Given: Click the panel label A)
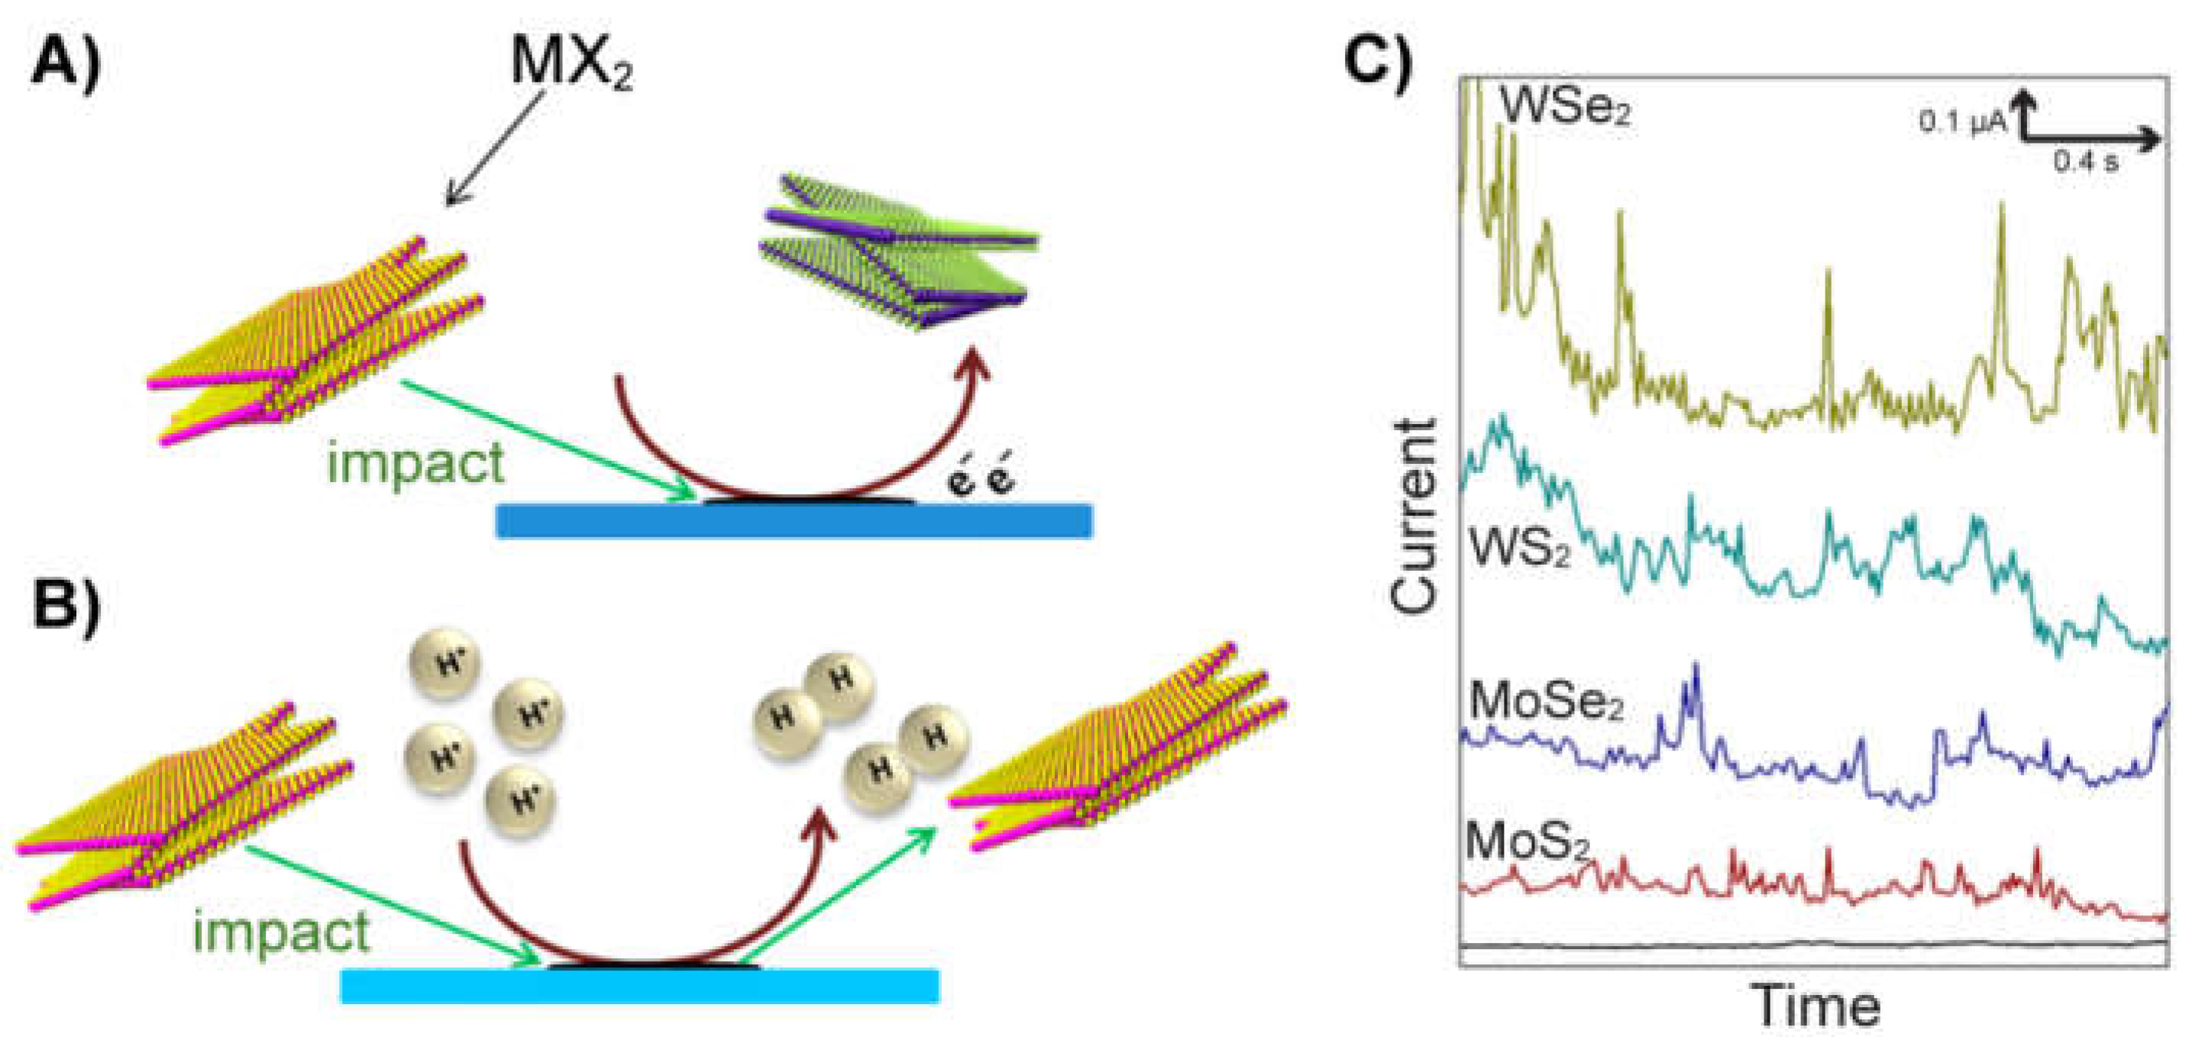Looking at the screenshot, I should click(66, 64).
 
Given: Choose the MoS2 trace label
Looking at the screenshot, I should click(1527, 843).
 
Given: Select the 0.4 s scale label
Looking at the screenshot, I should click(2085, 161).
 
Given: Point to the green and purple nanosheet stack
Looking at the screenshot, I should click(897, 251).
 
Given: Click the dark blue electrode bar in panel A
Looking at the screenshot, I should click(794, 521).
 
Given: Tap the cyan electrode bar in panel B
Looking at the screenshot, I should click(639, 986).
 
